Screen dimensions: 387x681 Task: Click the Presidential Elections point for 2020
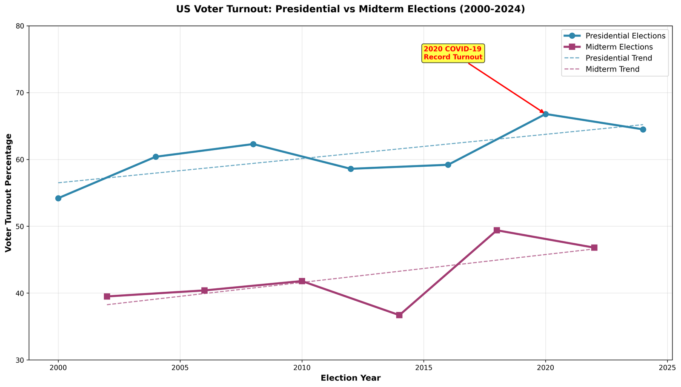545,114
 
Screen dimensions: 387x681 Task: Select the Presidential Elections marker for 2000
58,198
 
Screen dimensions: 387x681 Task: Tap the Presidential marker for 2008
253,144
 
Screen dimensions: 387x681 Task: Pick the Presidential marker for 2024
643,129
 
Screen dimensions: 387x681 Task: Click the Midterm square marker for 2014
399,315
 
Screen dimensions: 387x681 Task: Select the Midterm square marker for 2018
497,230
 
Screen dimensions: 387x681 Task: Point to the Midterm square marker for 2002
107,296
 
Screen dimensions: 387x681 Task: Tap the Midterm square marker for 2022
594,248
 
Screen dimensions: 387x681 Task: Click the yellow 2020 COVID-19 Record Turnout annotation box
453,53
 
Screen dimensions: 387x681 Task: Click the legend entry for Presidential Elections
625,36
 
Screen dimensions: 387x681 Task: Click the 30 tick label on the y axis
20,360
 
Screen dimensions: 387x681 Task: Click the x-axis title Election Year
350,378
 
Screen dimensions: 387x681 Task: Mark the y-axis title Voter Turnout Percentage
9,193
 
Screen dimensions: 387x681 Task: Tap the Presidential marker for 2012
351,169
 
